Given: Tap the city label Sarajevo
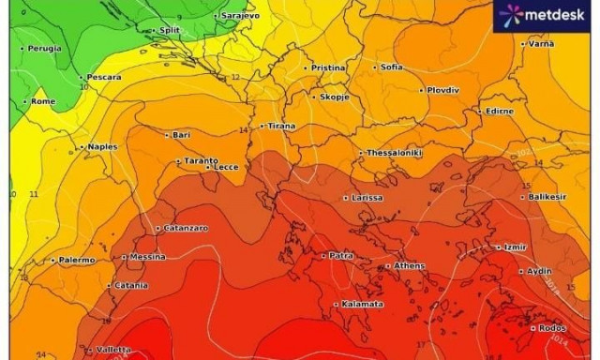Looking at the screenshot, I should coord(240,16).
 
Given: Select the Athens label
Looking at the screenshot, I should coord(409,266).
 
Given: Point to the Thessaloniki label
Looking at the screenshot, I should coord(395,153).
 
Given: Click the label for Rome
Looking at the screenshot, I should coord(43,101).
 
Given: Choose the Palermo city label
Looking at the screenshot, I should coord(76,260).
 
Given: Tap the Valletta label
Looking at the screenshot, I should coord(112,349).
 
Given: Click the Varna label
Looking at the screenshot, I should coord(540,44).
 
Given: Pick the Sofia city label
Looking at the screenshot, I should coord(391,67).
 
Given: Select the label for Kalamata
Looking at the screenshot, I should coord(363,304).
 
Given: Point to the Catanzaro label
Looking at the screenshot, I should coord(186,228).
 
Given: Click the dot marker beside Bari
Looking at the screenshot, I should coord(167,135).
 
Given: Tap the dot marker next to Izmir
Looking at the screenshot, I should coord(498,247).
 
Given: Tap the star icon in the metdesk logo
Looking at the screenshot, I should coord(511,15).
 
